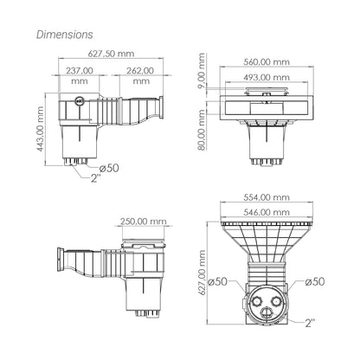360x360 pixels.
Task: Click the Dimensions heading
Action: [65, 35]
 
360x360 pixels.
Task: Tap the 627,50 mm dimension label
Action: [111, 54]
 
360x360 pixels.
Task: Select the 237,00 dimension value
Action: [80, 71]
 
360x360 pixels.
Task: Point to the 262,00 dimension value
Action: [140, 71]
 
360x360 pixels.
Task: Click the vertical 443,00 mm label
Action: [40, 129]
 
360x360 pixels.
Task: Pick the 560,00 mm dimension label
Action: [267, 62]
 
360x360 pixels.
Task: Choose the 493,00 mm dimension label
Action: [267, 77]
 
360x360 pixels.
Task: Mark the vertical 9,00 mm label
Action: [202, 70]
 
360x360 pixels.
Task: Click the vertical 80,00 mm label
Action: [202, 130]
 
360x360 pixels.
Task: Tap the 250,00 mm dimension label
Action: [144, 222]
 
